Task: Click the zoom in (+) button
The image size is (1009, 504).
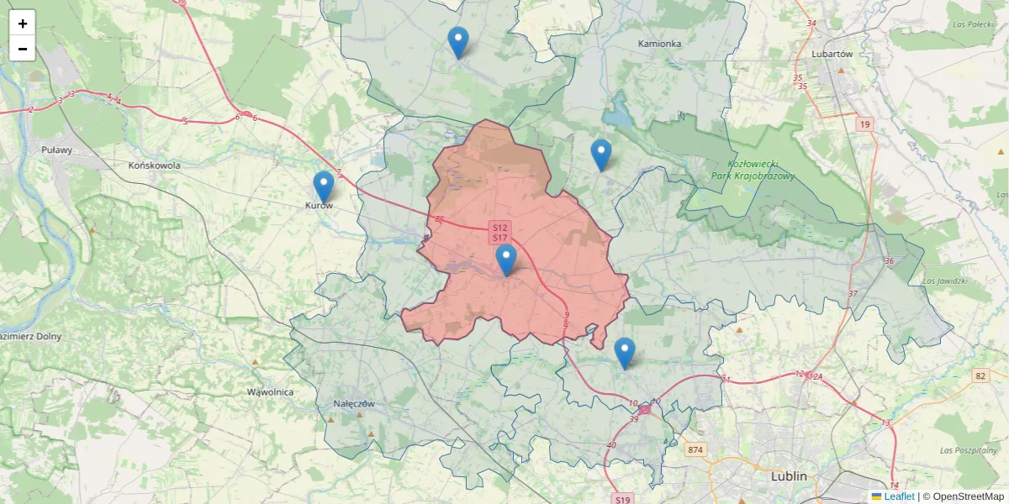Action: tap(23, 24)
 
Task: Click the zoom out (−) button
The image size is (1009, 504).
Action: tap(23, 49)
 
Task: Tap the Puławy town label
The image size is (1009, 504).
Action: tap(57, 150)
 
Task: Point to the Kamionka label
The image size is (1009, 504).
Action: tap(659, 43)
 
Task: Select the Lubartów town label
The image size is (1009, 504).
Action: tap(832, 53)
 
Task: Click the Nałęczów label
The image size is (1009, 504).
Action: tap(353, 403)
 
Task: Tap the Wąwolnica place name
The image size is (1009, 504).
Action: tap(270, 392)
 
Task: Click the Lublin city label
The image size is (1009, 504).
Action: tap(789, 476)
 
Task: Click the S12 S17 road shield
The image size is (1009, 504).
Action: tap(500, 233)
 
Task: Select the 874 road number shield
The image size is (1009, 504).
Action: tap(694, 450)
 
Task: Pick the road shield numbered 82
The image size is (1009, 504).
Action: tap(980, 375)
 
